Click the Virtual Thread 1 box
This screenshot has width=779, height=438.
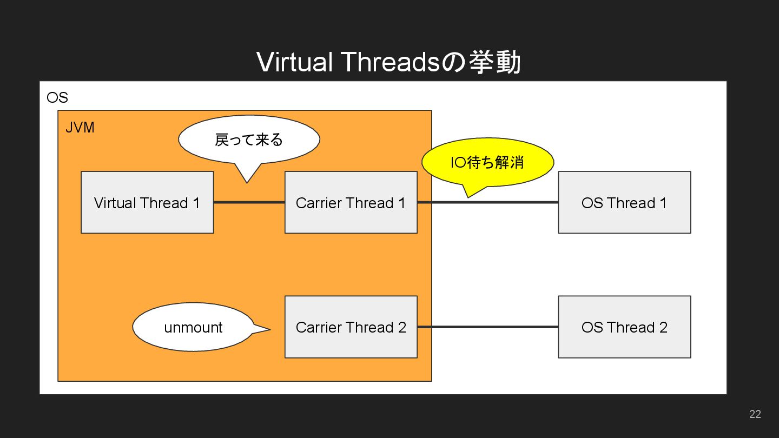pyautogui.click(x=147, y=202)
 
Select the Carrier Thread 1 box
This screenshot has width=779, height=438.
pyautogui.click(x=351, y=202)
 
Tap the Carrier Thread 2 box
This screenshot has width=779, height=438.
pyautogui.click(x=351, y=327)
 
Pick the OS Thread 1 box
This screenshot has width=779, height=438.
pyautogui.click(x=624, y=202)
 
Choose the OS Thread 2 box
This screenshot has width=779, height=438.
pyautogui.click(x=624, y=327)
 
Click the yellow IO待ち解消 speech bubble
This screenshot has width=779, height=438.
pyautogui.click(x=487, y=162)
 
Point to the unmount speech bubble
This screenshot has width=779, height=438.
pyautogui.click(x=193, y=327)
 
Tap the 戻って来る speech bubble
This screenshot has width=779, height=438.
pyautogui.click(x=249, y=140)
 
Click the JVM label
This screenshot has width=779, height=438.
pyautogui.click(x=80, y=128)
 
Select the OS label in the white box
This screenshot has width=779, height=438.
pyautogui.click(x=57, y=98)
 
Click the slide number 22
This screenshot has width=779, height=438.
pyautogui.click(x=755, y=414)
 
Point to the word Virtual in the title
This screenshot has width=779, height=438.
pyautogui.click(x=294, y=62)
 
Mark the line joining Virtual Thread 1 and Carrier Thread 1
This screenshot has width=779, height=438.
pyautogui.click(x=249, y=202)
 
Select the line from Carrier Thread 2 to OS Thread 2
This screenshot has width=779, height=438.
pyautogui.click(x=487, y=327)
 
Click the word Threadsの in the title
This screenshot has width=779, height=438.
pyautogui.click(x=401, y=62)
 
